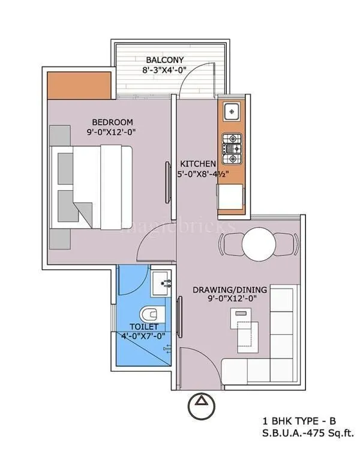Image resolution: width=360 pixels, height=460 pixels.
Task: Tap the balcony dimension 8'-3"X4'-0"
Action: [157, 70]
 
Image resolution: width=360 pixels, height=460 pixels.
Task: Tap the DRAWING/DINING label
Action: [230, 290]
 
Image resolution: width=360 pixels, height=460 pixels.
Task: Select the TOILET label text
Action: [144, 327]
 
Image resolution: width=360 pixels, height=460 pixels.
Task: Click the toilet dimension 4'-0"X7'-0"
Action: [144, 337]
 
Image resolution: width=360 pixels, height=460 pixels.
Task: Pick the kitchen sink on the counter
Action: [232, 112]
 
